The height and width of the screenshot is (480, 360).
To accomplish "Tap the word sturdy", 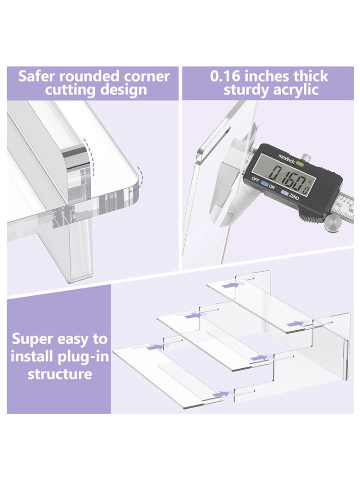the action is (246, 90).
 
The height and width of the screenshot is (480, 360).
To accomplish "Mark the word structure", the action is (60, 374).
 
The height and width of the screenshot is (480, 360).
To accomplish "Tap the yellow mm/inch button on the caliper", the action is (300, 164).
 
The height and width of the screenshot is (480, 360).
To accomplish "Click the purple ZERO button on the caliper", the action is (284, 193).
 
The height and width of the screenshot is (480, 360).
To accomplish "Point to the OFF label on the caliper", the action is (255, 180).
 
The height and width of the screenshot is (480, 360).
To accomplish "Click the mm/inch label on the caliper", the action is (286, 158).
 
